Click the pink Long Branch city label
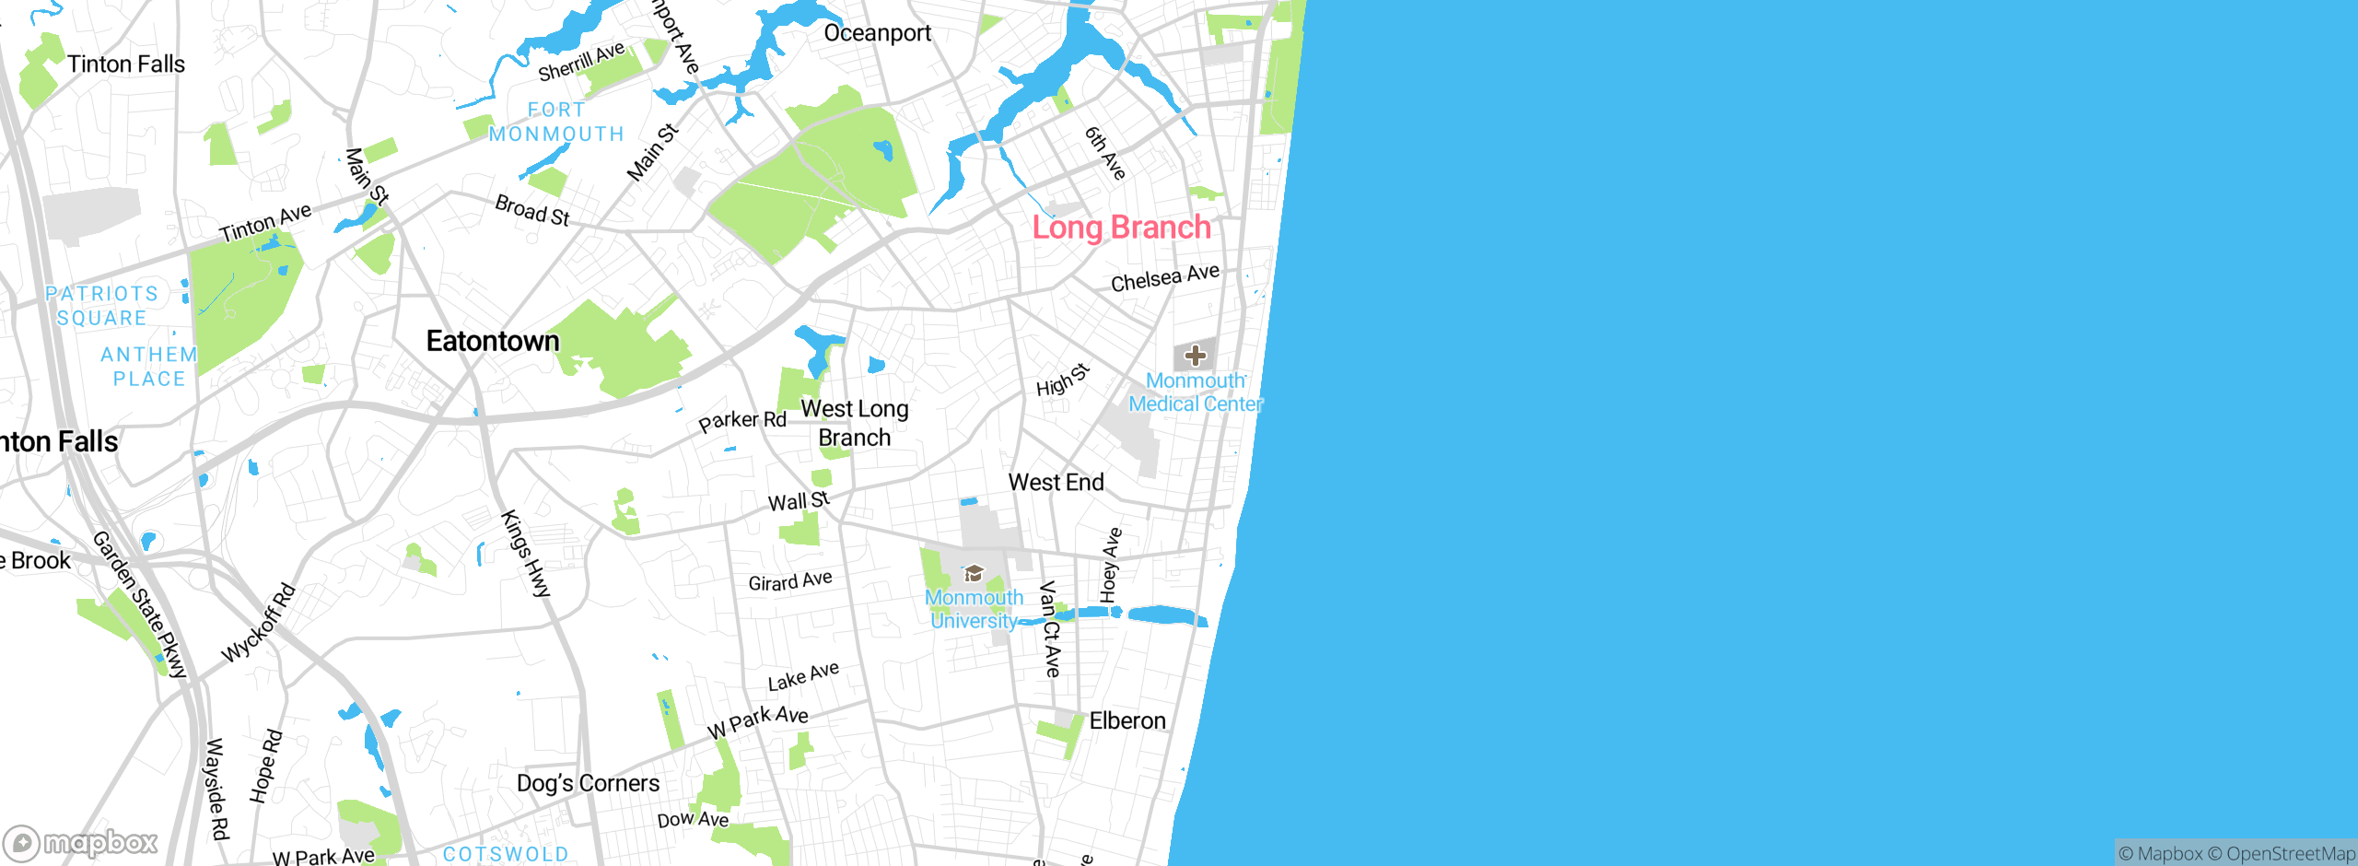(1121, 228)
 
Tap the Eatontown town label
(493, 342)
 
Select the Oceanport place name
(877, 33)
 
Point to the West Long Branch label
(855, 423)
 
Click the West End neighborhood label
(1056, 482)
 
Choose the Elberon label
(1127, 720)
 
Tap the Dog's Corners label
(588, 783)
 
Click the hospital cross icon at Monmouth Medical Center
(1195, 356)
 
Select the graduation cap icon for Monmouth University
(974, 575)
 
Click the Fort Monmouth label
(556, 123)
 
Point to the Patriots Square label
(101, 306)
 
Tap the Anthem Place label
(149, 367)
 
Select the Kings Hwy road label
(525, 554)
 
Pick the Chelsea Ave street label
(1164, 278)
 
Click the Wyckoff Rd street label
(259, 623)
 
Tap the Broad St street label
(532, 210)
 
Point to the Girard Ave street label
(789, 581)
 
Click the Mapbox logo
(81, 842)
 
